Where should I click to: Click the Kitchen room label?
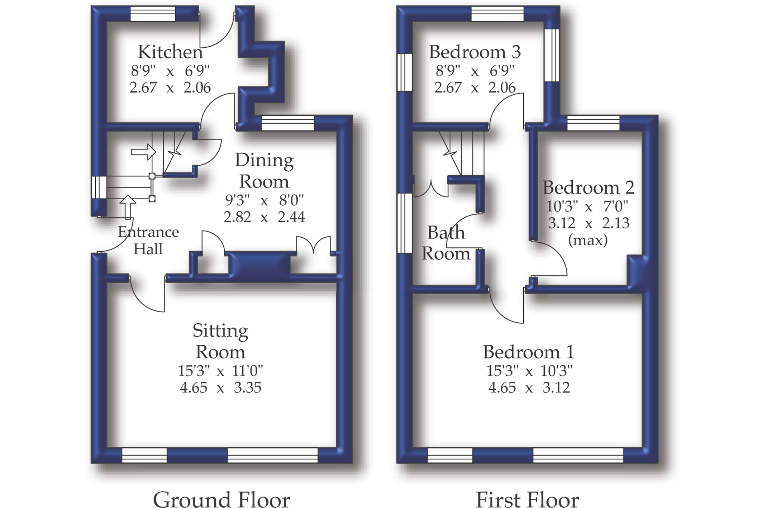click(x=170, y=52)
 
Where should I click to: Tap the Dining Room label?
click(x=264, y=171)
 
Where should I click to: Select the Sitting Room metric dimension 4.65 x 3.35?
click(x=220, y=388)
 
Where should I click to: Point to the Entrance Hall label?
click(x=148, y=240)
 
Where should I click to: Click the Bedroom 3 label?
click(x=475, y=52)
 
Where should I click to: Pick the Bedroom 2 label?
click(x=588, y=187)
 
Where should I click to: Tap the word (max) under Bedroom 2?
click(x=588, y=240)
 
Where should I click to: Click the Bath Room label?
click(x=446, y=243)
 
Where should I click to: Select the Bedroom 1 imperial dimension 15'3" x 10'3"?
click(x=529, y=371)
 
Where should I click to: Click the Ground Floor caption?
click(x=221, y=499)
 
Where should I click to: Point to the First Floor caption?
click(x=527, y=499)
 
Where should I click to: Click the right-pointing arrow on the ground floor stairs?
click(x=143, y=152)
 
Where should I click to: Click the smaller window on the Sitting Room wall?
click(x=144, y=455)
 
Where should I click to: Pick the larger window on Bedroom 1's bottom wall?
click(x=578, y=455)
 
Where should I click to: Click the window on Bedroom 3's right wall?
click(x=552, y=55)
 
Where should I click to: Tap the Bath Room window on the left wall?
click(x=405, y=223)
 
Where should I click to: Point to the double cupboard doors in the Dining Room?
click(x=313, y=246)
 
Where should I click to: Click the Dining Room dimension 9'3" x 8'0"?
click(x=264, y=200)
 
